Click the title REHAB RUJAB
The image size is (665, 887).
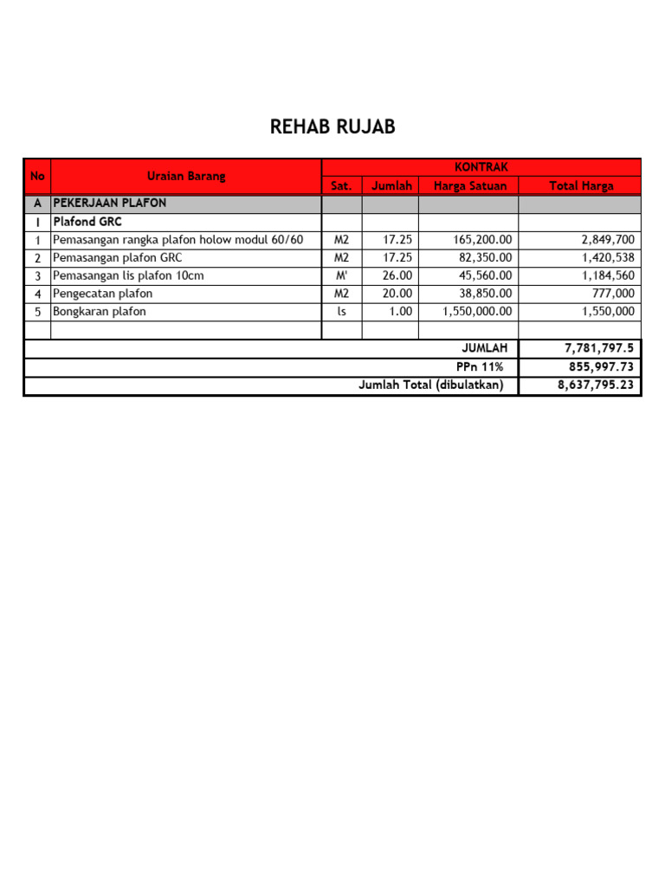click(332, 127)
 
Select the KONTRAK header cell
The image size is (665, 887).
click(481, 167)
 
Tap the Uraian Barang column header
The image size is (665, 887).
click(186, 177)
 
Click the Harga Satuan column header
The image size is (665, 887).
click(469, 186)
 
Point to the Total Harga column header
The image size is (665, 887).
click(580, 186)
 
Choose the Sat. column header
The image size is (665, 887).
click(341, 186)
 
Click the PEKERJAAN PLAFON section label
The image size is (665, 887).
click(110, 204)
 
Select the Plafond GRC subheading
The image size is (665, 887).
click(87, 222)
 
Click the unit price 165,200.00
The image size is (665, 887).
click(477, 240)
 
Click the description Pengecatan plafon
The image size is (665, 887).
click(103, 294)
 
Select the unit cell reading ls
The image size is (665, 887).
click(341, 312)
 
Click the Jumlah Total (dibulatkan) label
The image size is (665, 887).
click(431, 385)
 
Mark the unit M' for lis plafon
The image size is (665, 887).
click(341, 276)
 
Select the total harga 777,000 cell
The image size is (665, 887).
click(614, 294)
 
